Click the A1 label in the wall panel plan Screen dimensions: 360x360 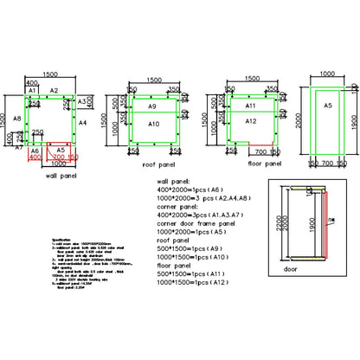coord(30,90)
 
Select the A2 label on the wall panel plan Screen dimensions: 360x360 coord(53,90)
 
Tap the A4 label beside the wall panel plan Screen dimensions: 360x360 coord(83,125)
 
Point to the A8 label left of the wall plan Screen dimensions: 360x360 coord(16,119)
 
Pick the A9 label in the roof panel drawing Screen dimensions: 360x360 coord(151,106)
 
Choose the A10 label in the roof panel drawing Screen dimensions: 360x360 coord(153,125)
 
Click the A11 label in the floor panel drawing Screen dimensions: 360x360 coord(251,106)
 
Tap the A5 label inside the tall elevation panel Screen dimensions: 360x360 coord(327,106)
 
